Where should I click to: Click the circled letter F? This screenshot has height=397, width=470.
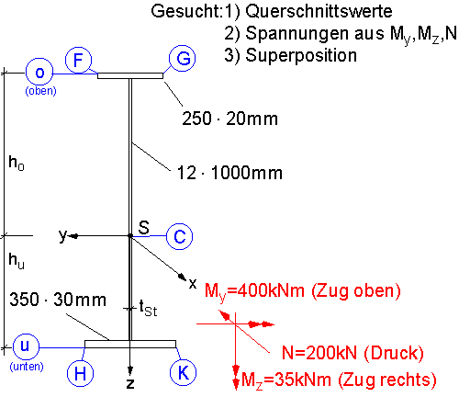pos(78,60)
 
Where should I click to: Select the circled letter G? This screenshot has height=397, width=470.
pos(183,58)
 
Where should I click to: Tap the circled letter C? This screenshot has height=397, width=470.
pos(180,236)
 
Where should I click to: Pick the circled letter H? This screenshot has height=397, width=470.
pos(80,373)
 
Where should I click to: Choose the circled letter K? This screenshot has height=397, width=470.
pos(183,372)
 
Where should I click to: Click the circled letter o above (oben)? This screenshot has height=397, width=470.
pos(39,73)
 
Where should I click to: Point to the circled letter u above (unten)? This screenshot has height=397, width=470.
pos(26,347)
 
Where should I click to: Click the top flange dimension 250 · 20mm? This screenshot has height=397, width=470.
pos(229,119)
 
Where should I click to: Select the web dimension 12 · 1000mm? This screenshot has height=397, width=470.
pos(229,173)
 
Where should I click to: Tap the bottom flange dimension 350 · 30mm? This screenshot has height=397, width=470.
pos(58,300)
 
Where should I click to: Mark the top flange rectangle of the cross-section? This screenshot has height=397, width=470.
pos(130,75)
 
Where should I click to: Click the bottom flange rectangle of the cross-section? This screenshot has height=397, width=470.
pos(130,344)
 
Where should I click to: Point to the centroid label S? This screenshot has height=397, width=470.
pos(143,228)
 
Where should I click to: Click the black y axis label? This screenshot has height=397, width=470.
pos(62,236)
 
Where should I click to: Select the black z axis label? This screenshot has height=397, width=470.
pos(130,383)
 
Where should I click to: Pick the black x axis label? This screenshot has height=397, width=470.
pos(193,284)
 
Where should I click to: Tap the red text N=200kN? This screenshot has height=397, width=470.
pos(319,353)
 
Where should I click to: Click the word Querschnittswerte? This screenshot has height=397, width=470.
pos(319,12)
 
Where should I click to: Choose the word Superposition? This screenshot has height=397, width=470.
pos(301,56)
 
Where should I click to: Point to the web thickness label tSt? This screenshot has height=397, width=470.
pos(148,308)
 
